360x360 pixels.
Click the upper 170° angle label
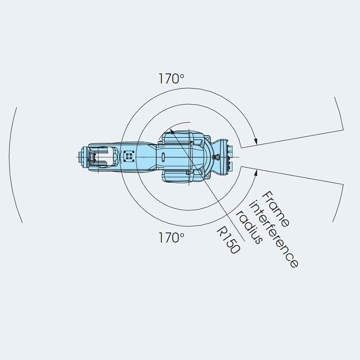click(171, 79)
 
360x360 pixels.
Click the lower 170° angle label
click(171, 238)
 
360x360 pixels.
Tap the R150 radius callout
click(228, 240)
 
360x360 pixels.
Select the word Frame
click(275, 209)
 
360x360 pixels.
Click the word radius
click(249, 227)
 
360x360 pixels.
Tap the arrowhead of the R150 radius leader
click(171, 131)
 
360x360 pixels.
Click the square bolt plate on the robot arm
click(128, 157)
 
